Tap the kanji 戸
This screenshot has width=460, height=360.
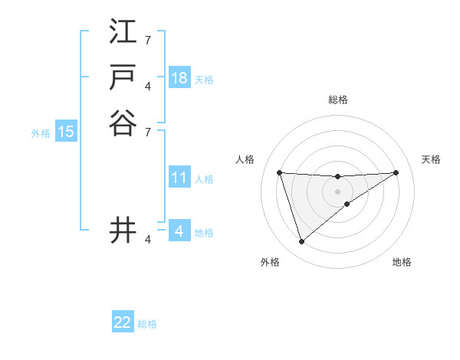tap(123, 77)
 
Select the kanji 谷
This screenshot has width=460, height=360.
tap(123, 123)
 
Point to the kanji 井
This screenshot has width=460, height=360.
tap(123, 231)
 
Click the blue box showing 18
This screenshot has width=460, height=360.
tap(179, 78)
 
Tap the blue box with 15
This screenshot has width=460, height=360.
tap(66, 132)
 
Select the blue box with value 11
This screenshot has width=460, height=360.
tap(179, 178)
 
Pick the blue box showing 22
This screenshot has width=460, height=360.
tap(123, 322)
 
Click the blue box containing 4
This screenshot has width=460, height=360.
tap(179, 231)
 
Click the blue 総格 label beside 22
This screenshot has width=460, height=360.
tap(147, 324)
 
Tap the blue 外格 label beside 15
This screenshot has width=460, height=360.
tap(41, 133)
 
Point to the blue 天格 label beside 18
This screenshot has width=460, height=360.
tap(204, 79)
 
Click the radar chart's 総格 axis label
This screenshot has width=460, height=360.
tap(337, 100)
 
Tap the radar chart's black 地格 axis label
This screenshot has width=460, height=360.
tap(402, 263)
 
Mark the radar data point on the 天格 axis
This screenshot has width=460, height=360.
tap(396, 172)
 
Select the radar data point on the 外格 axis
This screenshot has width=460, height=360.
tap(301, 242)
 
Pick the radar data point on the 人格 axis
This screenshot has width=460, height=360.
tap(279, 172)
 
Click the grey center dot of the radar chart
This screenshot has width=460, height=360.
tap(337, 191)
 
